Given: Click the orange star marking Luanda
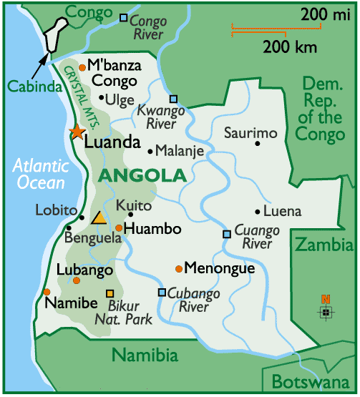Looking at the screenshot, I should [x=75, y=132].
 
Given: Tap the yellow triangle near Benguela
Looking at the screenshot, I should [x=99, y=218].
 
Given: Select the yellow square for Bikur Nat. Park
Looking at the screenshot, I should [x=110, y=293].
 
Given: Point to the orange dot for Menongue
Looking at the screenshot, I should [x=178, y=269].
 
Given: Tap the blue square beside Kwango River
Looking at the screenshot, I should [x=172, y=99].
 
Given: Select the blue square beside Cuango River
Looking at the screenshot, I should [x=226, y=234].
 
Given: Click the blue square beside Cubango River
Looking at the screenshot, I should [x=162, y=292].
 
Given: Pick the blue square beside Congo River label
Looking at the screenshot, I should [x=123, y=17].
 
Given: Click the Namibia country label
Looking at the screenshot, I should [x=145, y=354].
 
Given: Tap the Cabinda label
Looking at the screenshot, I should [x=27, y=87].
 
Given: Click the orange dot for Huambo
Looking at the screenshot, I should [x=119, y=228].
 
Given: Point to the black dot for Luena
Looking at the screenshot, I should [x=258, y=212].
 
